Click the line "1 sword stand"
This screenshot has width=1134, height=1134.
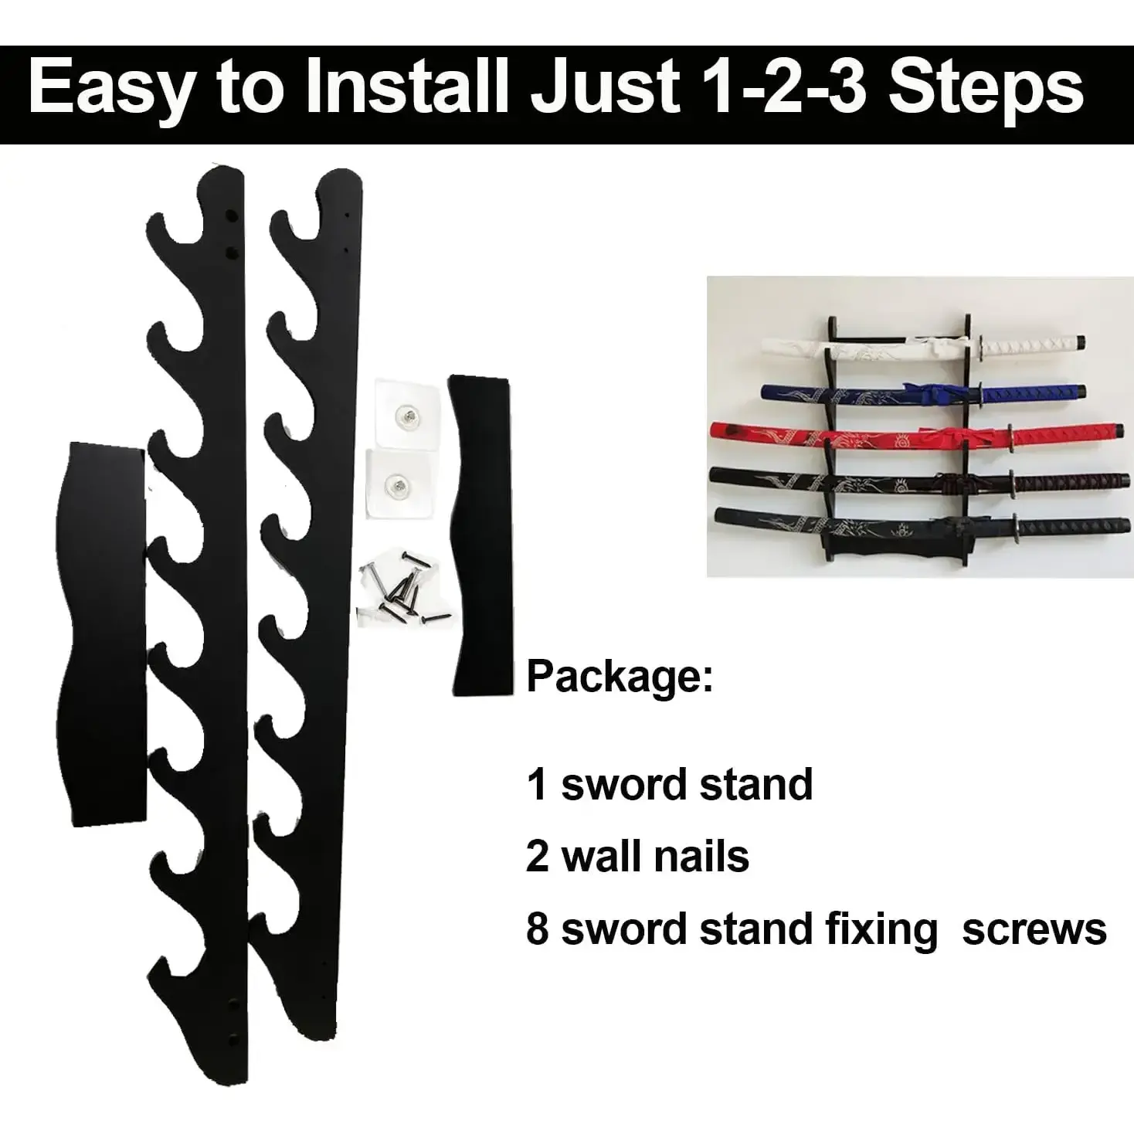click(669, 784)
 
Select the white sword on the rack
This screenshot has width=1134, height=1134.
click(923, 347)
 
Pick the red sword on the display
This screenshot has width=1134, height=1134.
click(918, 436)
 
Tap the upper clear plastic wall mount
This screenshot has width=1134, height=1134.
click(407, 415)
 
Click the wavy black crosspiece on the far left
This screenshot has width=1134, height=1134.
click(101, 633)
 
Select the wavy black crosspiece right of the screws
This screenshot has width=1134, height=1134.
click(480, 535)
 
